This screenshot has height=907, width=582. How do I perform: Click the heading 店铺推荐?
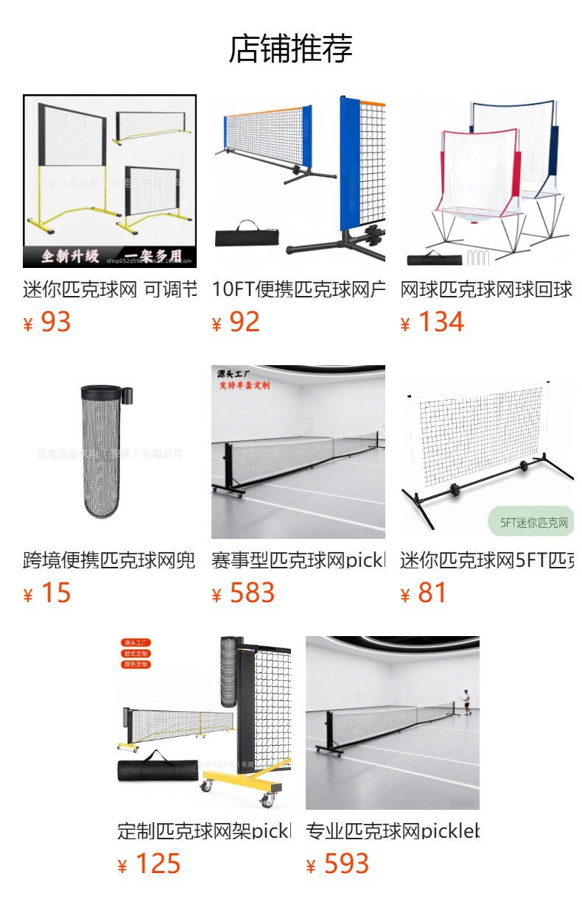[291, 49]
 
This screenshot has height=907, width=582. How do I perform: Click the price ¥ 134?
[432, 322]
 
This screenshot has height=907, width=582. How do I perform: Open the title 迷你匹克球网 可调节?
[110, 290]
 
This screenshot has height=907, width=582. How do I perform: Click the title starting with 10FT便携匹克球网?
[298, 290]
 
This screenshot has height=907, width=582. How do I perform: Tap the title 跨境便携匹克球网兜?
[110, 561]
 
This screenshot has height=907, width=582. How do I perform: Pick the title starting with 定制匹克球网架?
[204, 832]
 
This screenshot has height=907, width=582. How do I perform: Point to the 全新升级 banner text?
[70, 256]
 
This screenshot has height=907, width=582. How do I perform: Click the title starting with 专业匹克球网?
[393, 832]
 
